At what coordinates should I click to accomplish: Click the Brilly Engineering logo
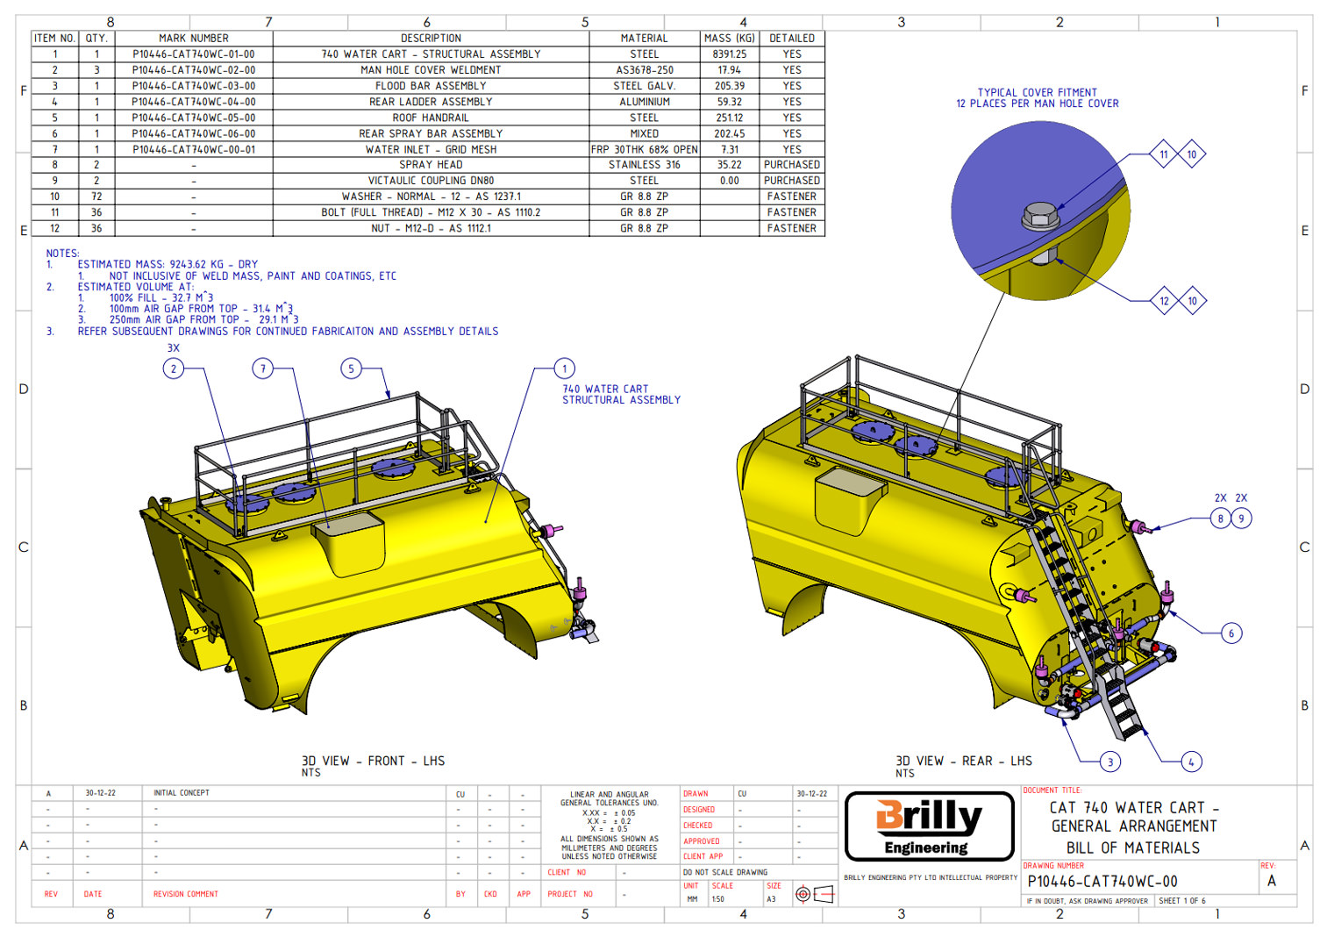[929, 826]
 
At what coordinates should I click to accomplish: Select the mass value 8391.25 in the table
[729, 54]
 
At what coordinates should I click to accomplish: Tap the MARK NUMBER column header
[193, 39]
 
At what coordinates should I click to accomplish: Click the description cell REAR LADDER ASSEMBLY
[430, 102]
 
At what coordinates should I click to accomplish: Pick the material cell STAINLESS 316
[644, 165]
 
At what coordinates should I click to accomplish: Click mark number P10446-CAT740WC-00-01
[193, 150]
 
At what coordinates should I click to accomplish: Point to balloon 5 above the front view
[351, 368]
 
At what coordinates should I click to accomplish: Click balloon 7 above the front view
[263, 368]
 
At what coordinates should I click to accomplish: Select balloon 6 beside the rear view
[1231, 633]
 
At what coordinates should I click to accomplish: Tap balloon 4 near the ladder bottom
[1190, 762]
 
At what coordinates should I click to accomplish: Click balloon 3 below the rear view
[1109, 762]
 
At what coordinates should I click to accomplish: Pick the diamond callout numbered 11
[1163, 154]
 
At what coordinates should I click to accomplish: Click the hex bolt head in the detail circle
[1039, 215]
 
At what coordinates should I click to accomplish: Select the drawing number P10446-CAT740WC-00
[1102, 882]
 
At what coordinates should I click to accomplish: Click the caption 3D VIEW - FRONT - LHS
[373, 762]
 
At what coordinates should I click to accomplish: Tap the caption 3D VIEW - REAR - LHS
[963, 762]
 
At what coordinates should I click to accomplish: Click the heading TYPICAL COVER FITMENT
[1037, 92]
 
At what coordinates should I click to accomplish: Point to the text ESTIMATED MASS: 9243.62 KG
[167, 264]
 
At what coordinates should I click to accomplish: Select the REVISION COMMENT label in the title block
[185, 895]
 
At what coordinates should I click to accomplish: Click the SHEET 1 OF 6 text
[1181, 901]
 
